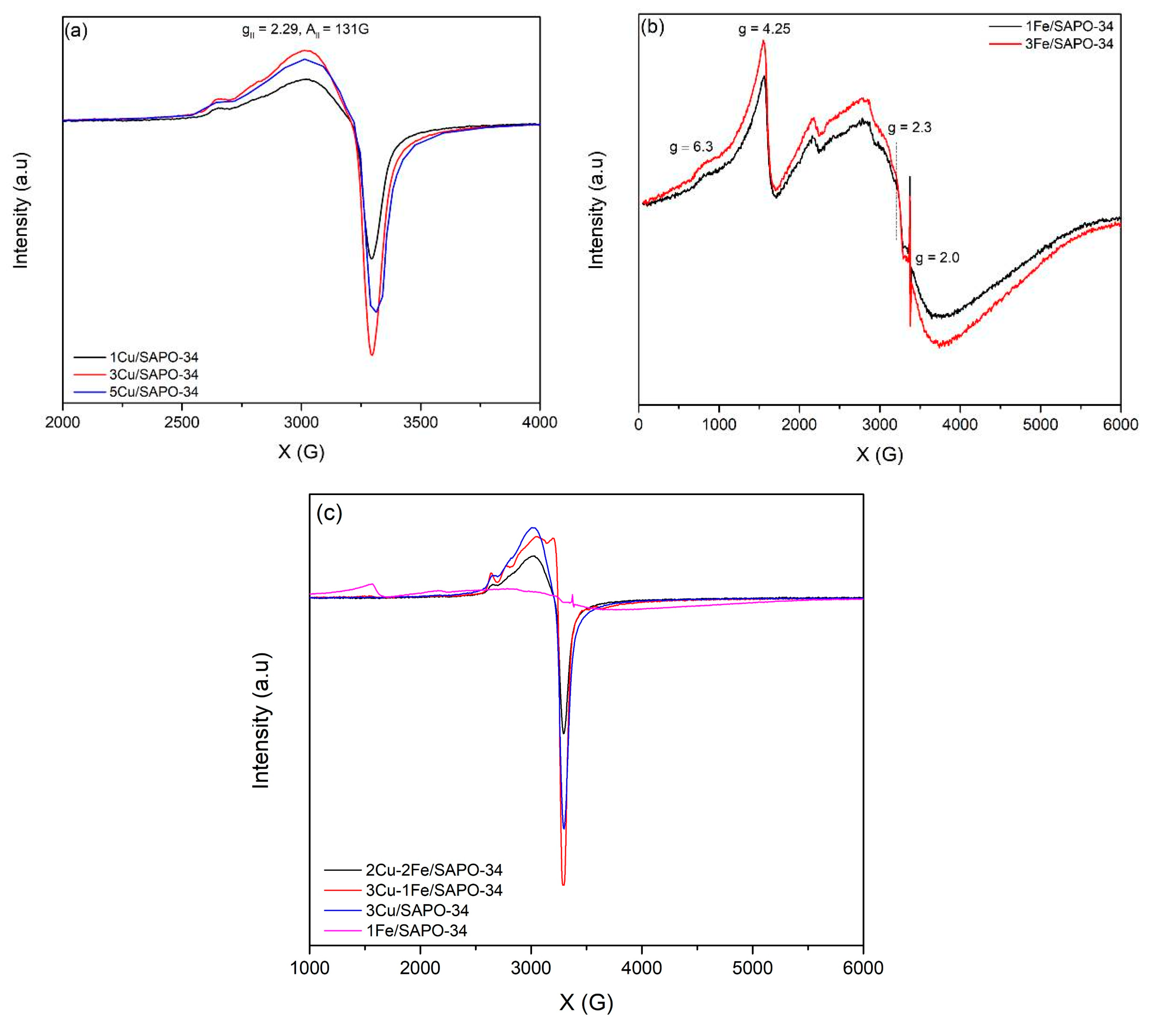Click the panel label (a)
(76, 30)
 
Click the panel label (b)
(653, 26)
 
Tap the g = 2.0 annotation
(937, 258)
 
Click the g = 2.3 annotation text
(909, 127)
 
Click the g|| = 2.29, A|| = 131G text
(305, 29)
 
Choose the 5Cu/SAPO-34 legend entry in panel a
(153, 391)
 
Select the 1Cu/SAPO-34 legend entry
(153, 357)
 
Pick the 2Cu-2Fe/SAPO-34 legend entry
(434, 870)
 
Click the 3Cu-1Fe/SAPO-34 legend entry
(434, 890)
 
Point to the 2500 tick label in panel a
(181, 422)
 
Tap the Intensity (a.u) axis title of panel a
(20, 210)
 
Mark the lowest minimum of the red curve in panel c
(563, 884)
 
